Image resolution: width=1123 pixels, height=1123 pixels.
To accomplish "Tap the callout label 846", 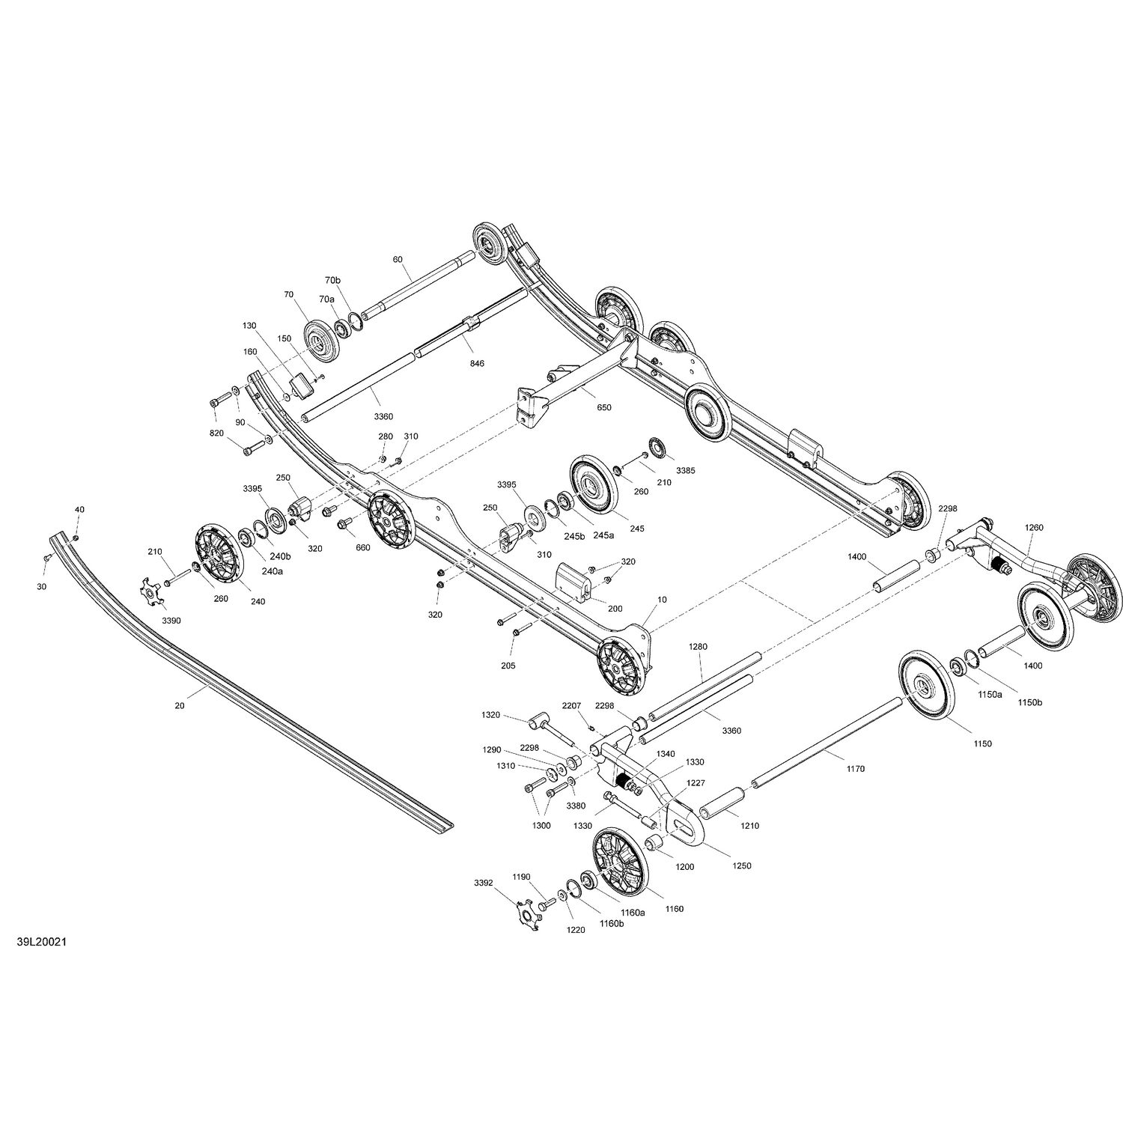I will (x=477, y=363).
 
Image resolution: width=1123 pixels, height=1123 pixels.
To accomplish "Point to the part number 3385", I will (x=685, y=471).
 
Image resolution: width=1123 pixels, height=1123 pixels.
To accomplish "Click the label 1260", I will (x=1034, y=528).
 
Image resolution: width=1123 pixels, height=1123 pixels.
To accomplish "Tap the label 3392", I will (x=483, y=883).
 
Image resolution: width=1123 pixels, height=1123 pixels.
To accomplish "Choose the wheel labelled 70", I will (x=323, y=338).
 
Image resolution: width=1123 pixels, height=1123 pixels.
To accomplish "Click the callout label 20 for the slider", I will (x=179, y=705).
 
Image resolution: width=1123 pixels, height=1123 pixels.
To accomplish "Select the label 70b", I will (x=332, y=280).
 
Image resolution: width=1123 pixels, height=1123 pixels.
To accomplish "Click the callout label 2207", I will (x=572, y=705).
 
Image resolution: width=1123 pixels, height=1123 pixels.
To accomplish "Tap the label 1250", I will (x=742, y=865).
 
